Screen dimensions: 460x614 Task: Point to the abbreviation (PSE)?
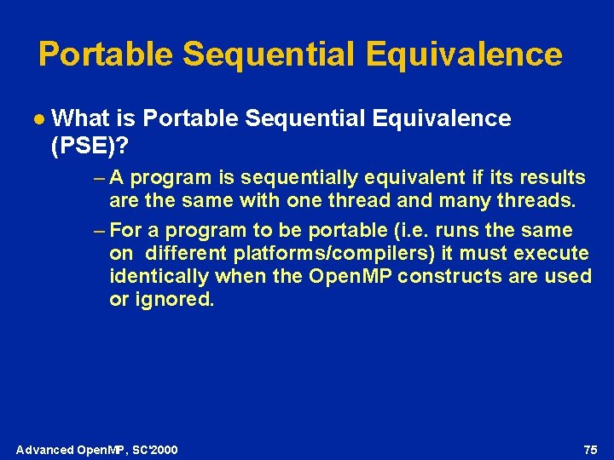90,147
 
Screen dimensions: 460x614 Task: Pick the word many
458,202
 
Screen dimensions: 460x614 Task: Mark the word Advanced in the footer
45,450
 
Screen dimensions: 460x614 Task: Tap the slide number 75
590,449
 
